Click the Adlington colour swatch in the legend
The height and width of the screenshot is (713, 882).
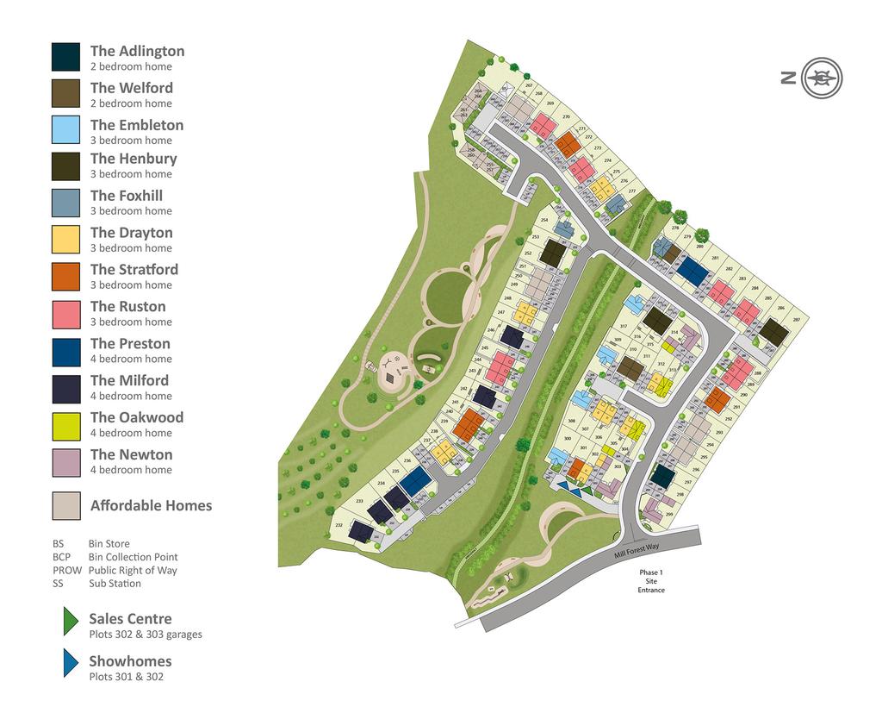tap(65, 57)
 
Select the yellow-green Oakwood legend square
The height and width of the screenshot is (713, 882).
tap(65, 423)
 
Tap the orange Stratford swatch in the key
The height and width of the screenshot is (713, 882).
tap(65, 276)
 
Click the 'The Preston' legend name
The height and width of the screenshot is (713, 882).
tap(130, 343)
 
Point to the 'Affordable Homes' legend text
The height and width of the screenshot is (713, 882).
tap(151, 505)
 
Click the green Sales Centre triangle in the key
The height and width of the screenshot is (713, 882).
tap(69, 622)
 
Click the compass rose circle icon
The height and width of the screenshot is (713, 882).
tap(822, 78)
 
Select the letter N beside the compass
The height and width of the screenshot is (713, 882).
tap(788, 78)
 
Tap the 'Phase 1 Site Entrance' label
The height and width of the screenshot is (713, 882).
tap(651, 581)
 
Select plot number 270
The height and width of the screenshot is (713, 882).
tap(566, 116)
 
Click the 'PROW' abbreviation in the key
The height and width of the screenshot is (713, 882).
tap(66, 570)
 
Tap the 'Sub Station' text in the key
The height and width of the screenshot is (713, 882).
tap(115, 583)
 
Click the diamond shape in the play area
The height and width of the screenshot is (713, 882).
tap(390, 376)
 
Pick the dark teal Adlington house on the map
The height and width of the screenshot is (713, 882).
tap(661, 476)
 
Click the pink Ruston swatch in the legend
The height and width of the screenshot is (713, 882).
tap(65, 313)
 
